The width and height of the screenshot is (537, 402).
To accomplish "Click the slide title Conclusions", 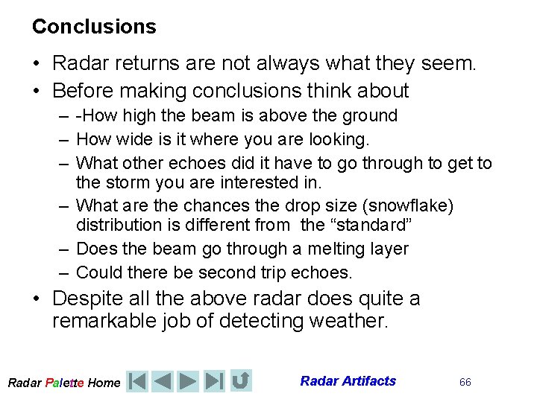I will click(x=94, y=27).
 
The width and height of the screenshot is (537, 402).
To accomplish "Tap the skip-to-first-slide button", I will click(x=137, y=381).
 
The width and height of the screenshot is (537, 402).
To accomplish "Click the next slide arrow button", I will click(x=189, y=381).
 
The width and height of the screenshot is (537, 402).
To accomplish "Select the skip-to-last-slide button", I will click(x=214, y=381).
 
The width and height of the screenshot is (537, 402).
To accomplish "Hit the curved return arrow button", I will click(x=240, y=381).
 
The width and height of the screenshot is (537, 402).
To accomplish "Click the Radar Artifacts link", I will click(x=348, y=381).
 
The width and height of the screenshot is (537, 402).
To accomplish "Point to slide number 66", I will click(x=465, y=382).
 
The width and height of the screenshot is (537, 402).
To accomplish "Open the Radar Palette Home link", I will click(x=63, y=383).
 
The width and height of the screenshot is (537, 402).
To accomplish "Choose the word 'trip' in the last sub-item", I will click(x=247, y=272).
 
